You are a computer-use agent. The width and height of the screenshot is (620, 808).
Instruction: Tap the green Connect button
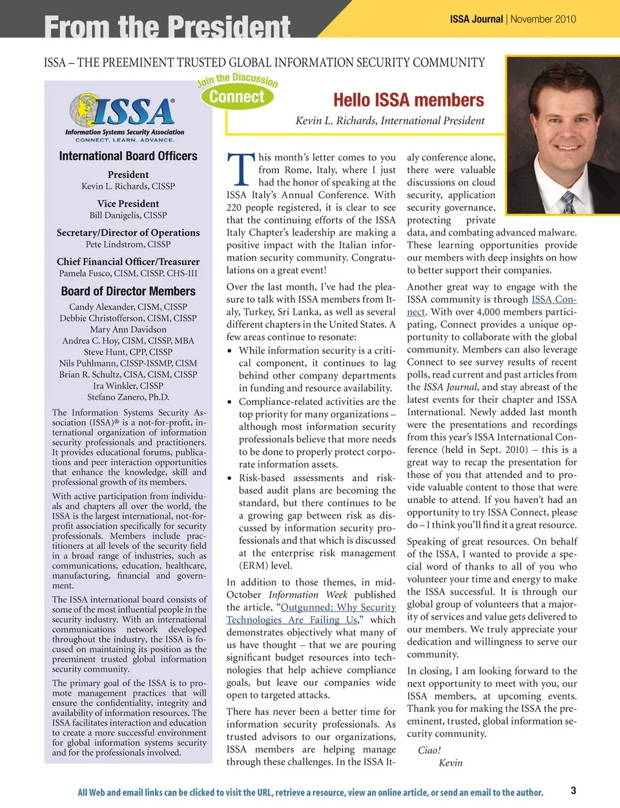237,97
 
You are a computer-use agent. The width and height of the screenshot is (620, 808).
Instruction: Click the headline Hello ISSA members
408,100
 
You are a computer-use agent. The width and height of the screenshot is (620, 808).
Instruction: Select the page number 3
573,790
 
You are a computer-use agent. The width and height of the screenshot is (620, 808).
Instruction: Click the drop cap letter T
240,170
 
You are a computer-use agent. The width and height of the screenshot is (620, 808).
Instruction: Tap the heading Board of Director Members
128,291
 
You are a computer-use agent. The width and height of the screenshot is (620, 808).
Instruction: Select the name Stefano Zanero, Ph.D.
128,397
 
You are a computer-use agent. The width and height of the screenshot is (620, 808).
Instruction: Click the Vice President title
128,203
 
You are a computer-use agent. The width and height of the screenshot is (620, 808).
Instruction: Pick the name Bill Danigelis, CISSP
128,215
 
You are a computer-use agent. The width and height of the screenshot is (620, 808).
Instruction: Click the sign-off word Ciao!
429,750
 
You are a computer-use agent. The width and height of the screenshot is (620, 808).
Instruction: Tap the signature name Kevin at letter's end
450,763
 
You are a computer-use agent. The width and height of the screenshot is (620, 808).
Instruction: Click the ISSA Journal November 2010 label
513,19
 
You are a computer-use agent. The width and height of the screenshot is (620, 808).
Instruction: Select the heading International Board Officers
128,156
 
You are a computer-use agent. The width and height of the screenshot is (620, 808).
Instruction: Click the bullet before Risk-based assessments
230,478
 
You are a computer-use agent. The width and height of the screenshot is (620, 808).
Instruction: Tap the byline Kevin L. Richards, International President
389,121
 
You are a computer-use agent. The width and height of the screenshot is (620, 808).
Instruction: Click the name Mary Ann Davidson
128,329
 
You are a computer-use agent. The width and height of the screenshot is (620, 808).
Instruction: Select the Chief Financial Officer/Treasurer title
128,262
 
